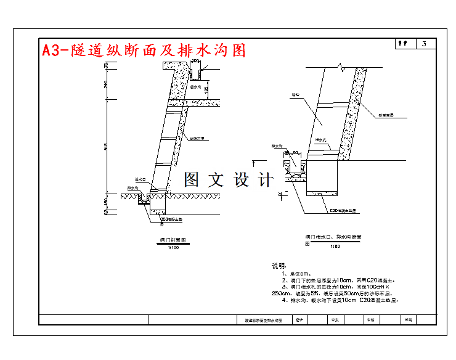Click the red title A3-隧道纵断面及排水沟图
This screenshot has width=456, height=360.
[x=144, y=50]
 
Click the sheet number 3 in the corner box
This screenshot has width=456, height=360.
[x=425, y=44]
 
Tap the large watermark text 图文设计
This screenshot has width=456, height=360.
[x=229, y=180]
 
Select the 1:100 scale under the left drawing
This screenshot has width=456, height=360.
[x=173, y=247]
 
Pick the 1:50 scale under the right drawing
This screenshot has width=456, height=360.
[x=335, y=247]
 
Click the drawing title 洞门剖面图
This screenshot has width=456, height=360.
[x=173, y=239]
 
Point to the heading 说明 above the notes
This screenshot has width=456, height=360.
[x=279, y=266]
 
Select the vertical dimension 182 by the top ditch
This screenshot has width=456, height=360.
[x=206, y=90]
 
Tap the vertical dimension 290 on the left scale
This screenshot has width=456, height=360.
[x=105, y=84]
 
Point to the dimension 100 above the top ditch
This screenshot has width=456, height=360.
[x=195, y=61]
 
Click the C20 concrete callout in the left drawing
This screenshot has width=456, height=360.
[x=173, y=219]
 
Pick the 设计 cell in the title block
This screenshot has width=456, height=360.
[x=300, y=320]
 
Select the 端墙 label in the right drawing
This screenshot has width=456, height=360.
[x=295, y=96]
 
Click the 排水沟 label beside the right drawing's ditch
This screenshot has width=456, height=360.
[x=277, y=146]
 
